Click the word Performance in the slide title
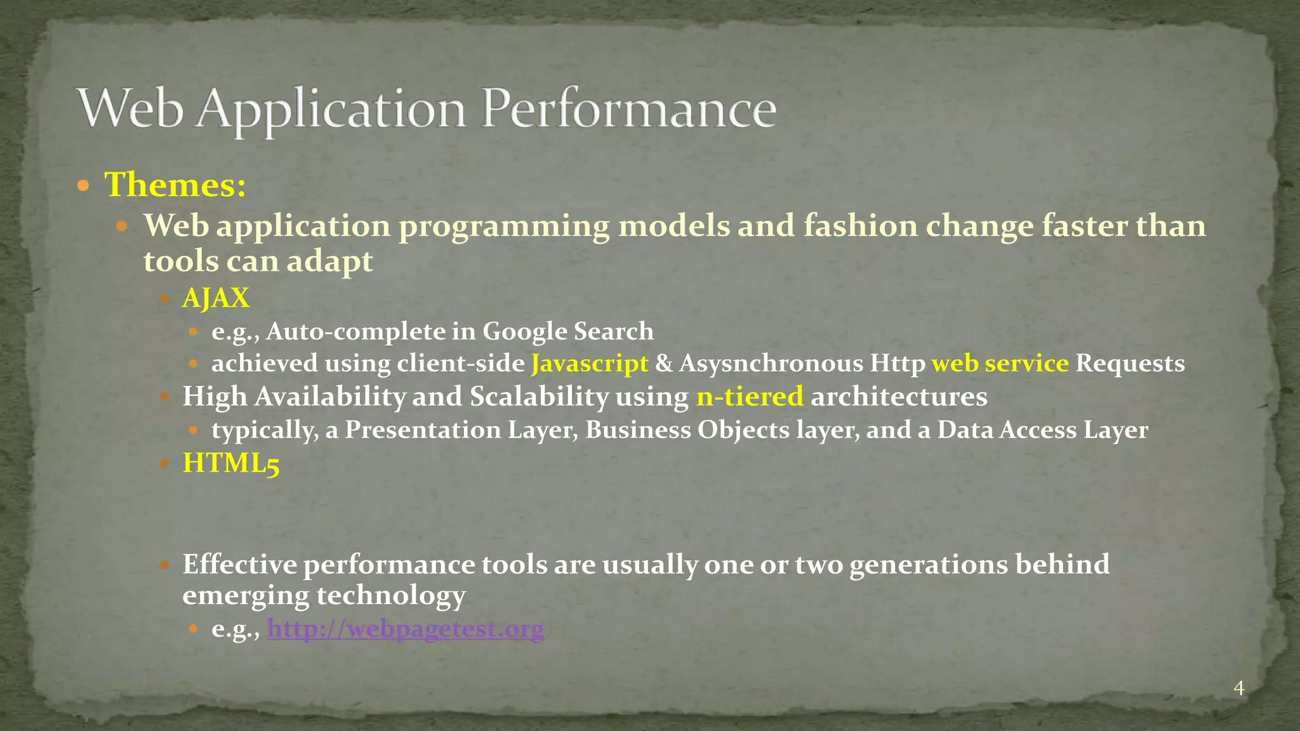(x=628, y=109)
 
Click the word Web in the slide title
(x=131, y=109)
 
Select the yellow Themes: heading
(x=175, y=185)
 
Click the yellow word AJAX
(x=216, y=298)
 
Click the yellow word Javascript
(x=590, y=364)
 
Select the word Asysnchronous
(x=771, y=364)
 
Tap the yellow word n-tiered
(x=750, y=397)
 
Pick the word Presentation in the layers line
(x=422, y=430)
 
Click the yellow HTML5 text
(x=231, y=463)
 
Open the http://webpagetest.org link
(x=405, y=629)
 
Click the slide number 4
(x=1238, y=688)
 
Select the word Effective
(x=240, y=564)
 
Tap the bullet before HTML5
(x=164, y=463)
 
